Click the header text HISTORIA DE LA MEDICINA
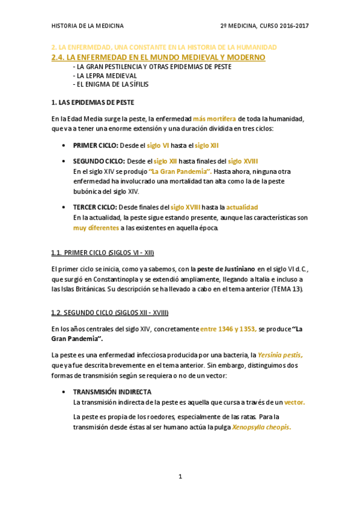click(x=88, y=26)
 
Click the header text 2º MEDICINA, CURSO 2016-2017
click(x=264, y=26)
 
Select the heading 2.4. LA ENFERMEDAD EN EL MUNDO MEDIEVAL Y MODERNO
click(x=159, y=57)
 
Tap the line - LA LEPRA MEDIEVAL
click(x=105, y=76)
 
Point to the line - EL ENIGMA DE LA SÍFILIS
click(x=110, y=85)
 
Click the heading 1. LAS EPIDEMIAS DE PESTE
click(x=93, y=102)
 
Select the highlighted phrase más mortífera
click(x=215, y=119)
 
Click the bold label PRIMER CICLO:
click(x=96, y=146)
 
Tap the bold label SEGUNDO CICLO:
click(x=99, y=161)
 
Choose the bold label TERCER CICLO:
click(x=96, y=207)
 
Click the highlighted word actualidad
click(x=242, y=207)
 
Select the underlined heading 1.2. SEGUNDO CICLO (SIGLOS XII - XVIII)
click(x=110, y=313)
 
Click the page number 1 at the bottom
click(x=180, y=477)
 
